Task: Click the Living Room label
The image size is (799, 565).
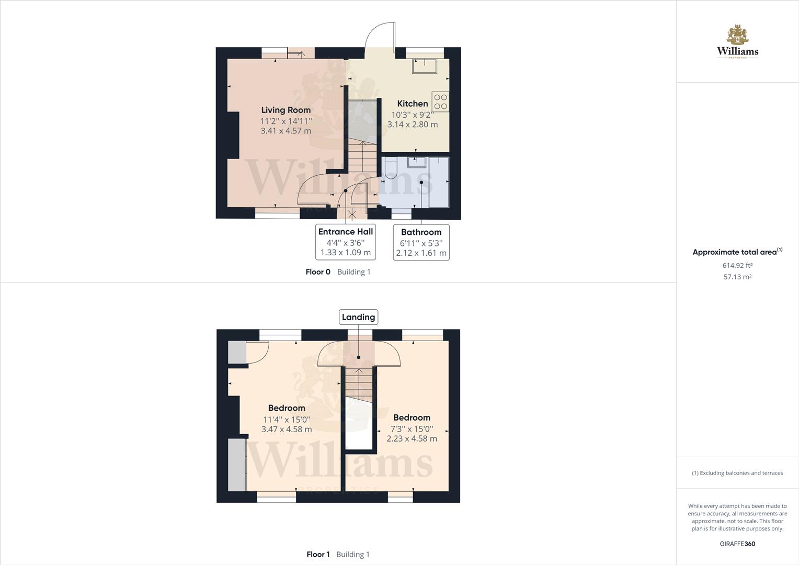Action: click(x=286, y=110)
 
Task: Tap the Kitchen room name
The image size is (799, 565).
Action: click(x=413, y=104)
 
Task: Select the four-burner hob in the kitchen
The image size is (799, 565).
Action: click(x=440, y=101)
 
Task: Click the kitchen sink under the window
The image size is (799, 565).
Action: click(x=425, y=66)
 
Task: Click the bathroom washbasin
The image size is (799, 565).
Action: click(x=417, y=162)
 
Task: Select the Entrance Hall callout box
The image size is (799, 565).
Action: click(x=346, y=242)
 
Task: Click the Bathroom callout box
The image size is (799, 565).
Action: click(x=421, y=242)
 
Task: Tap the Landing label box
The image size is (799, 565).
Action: click(x=358, y=317)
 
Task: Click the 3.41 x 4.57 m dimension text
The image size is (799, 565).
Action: click(x=286, y=131)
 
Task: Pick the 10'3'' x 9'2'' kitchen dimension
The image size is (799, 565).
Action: click(x=413, y=115)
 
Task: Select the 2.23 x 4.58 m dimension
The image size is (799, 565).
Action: click(x=412, y=438)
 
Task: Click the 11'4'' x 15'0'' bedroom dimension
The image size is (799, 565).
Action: click(x=287, y=419)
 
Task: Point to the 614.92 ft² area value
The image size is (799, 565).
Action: click(x=737, y=265)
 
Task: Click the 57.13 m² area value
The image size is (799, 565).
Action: click(x=737, y=277)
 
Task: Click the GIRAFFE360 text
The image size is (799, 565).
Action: click(x=737, y=544)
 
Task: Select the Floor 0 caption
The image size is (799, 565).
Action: click(x=318, y=272)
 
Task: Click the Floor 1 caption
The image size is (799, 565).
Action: click(x=318, y=555)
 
